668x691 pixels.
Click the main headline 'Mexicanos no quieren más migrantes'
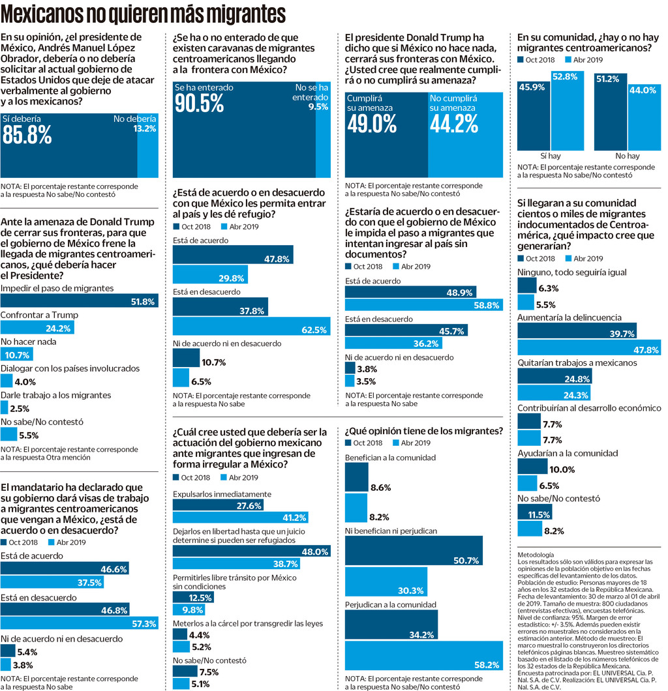pos(144,14)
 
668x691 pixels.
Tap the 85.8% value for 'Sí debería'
pos(27,134)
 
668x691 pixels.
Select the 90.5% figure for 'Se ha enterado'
pos(199,102)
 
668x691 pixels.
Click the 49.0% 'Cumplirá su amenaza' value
pos(371,123)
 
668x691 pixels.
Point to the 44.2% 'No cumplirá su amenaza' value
pos(455,123)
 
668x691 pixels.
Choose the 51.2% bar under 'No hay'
pos(611,111)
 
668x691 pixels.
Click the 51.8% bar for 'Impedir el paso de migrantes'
pos(79,301)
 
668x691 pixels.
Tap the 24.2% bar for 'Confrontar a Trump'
pos(40,329)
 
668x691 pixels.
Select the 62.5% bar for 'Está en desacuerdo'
pos(250,330)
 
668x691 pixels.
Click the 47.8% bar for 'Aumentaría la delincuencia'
pos(589,349)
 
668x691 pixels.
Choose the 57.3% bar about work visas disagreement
pos(80,623)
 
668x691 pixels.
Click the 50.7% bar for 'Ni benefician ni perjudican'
pos(414,559)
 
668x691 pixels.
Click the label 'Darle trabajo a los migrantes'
pos(55,395)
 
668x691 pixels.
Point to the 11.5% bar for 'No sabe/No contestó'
pos(530,515)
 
